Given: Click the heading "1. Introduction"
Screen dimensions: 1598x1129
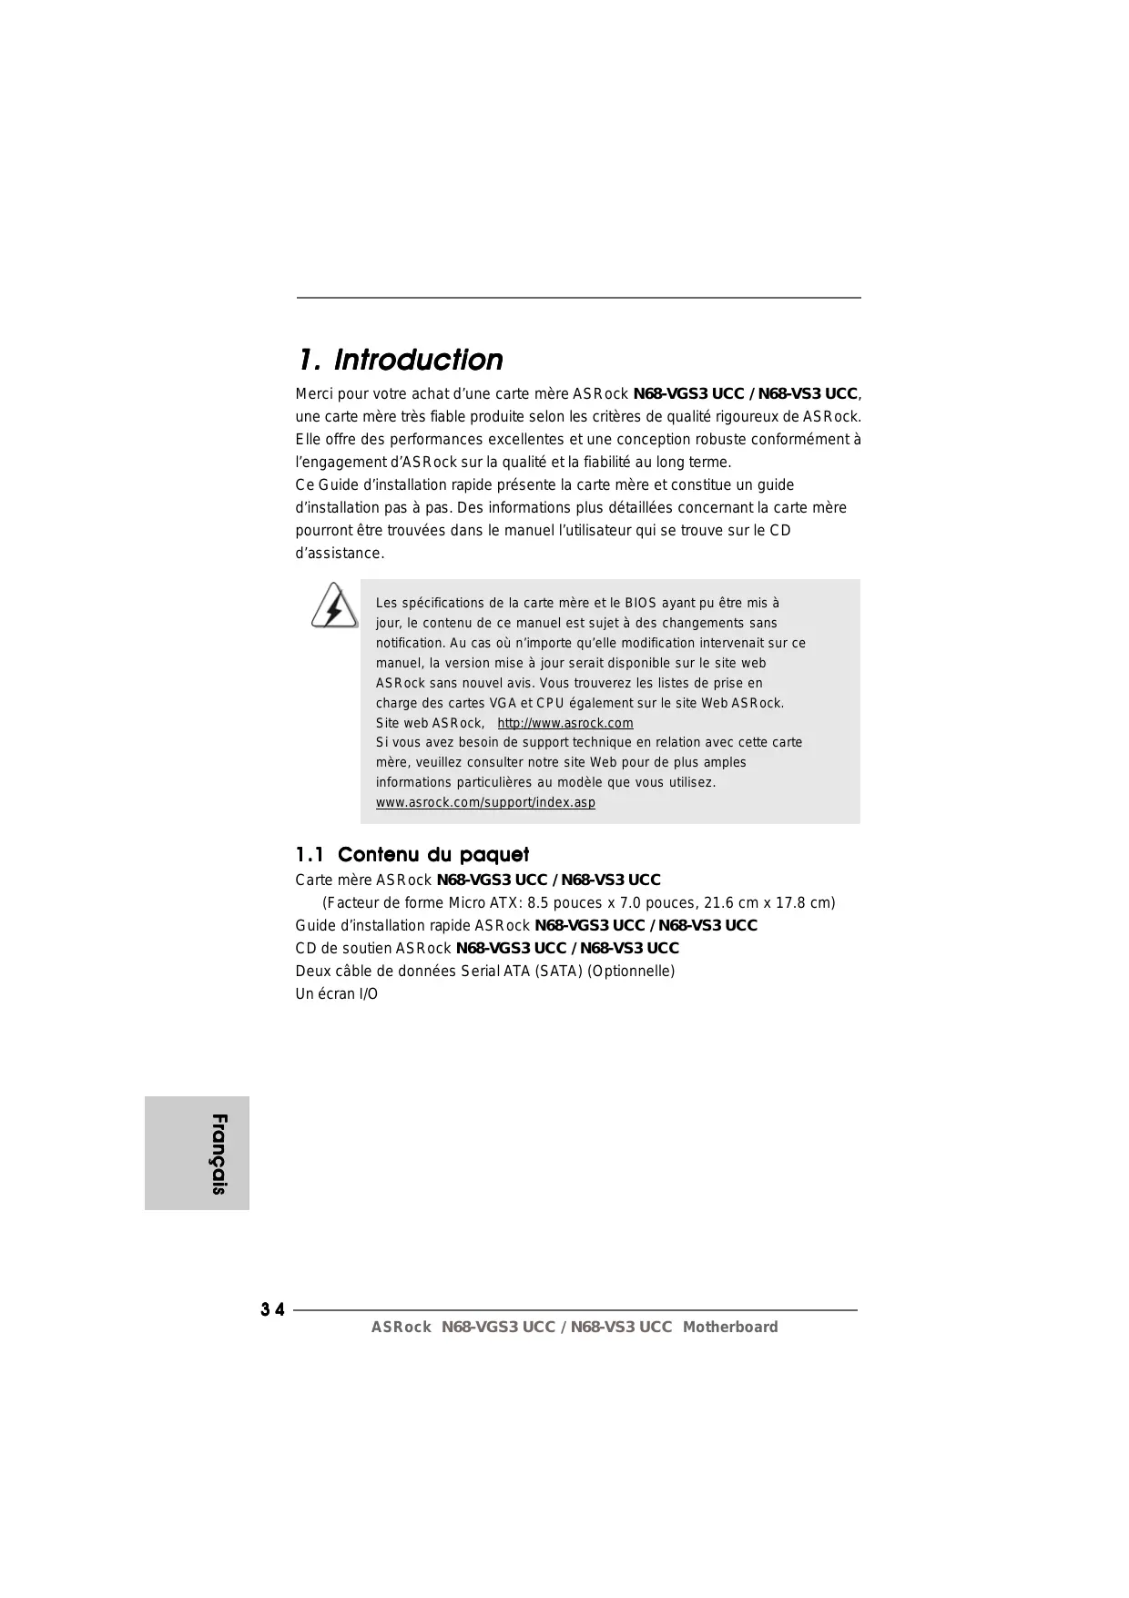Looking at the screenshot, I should pos(400,360).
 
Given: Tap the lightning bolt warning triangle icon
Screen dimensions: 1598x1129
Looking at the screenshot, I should pos(334,606).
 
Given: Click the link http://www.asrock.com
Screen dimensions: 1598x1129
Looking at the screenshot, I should pos(565,723).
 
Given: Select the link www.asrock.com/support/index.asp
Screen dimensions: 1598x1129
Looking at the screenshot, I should pos(485,802).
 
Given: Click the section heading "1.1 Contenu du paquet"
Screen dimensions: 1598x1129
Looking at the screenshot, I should pos(412,854).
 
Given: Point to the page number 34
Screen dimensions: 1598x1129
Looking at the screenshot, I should pos(272,1310).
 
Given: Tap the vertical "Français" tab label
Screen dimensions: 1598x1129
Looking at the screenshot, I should pos(219,1153).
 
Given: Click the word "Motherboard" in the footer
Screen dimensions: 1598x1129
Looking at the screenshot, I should pos(730,1327).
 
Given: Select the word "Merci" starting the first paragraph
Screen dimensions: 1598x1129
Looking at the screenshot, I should pos(314,394).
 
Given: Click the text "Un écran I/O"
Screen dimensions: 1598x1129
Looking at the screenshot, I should pos(336,993).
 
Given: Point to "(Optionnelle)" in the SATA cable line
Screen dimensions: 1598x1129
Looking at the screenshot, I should pos(631,971).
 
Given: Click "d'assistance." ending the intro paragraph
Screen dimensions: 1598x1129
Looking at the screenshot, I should pos(340,553).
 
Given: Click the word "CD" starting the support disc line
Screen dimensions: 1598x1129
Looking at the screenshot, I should pos(305,948).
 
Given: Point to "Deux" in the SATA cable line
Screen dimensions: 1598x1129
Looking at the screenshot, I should pos(312,971).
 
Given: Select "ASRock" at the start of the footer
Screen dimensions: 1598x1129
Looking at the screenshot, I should pos(401,1327).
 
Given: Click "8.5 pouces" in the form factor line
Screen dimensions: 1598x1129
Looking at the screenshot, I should pos(565,902).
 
